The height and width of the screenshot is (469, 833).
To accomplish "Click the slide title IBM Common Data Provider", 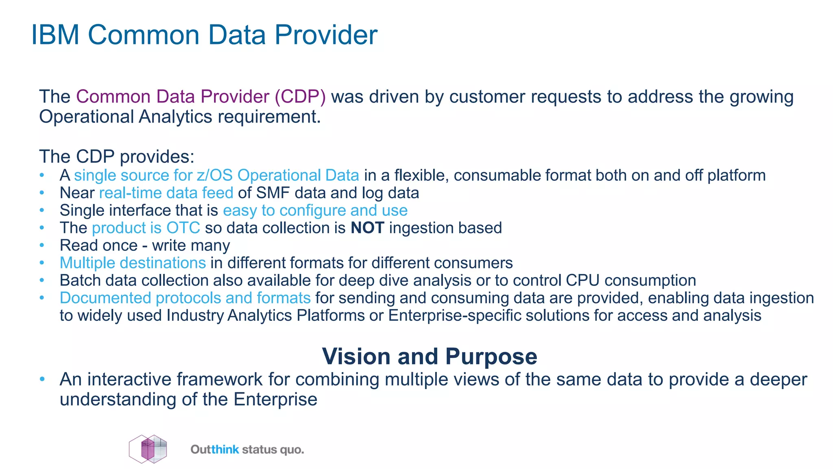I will coord(204,35).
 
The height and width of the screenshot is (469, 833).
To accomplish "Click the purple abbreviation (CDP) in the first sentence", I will coord(300,97).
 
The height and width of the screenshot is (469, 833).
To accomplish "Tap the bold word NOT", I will coord(367,228).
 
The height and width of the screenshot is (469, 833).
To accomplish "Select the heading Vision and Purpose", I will coord(430,356).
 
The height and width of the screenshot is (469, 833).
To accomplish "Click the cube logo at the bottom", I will coord(148,449).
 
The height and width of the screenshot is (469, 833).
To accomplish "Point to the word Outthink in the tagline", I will coord(215,450).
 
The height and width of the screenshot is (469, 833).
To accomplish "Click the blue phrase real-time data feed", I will coord(166,193).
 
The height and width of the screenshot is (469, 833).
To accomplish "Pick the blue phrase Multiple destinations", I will coord(133,263).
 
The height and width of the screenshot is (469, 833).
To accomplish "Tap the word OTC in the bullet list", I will coord(183,228).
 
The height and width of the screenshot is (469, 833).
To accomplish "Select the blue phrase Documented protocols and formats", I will coord(185,298).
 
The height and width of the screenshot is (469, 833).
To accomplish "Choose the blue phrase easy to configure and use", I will coord(315,210).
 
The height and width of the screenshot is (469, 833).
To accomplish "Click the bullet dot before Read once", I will coord(42,245).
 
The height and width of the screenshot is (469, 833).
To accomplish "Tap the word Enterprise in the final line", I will coord(275,399).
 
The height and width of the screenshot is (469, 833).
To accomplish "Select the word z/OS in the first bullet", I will coord(214,175).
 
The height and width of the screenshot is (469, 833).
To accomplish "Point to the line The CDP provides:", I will coord(117,157).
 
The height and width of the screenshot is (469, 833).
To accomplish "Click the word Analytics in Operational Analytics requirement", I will coord(175,117).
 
